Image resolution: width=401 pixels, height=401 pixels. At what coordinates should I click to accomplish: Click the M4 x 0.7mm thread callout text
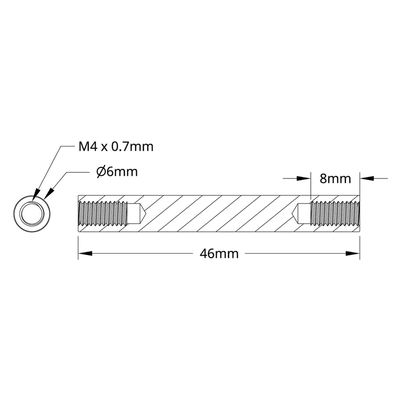point(116,147)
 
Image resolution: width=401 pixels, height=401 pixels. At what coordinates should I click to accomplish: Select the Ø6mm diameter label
point(117,172)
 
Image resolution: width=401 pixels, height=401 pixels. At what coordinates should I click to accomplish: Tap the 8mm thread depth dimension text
point(335,179)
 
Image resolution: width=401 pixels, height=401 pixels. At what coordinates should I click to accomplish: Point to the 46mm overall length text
point(219,254)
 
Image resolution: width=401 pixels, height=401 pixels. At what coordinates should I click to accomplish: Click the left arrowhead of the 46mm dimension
point(85,254)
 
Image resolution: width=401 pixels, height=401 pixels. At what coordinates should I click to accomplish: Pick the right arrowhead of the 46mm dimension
point(353,254)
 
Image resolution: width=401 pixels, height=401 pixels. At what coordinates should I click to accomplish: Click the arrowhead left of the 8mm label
point(303,178)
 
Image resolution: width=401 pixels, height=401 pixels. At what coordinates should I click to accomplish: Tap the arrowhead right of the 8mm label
point(367,178)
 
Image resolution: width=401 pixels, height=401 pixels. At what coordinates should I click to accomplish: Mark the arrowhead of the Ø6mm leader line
point(49,194)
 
